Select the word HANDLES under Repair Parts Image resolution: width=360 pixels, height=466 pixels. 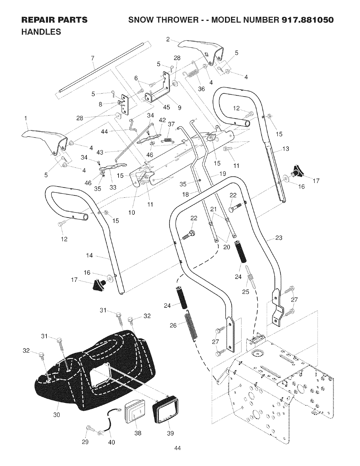point(41,32)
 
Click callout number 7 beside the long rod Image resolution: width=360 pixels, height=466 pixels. point(93,58)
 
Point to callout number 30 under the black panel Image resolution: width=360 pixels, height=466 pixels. point(56,415)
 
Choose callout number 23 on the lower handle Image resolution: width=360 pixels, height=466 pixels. point(279,238)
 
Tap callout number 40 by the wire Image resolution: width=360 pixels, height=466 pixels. point(111,442)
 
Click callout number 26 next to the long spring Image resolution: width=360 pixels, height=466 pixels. point(173,325)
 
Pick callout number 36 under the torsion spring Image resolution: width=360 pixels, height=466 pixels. point(201,89)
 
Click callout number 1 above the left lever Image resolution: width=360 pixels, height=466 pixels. point(26,118)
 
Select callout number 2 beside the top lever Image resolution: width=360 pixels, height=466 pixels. point(168,39)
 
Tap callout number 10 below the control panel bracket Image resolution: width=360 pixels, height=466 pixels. point(132,212)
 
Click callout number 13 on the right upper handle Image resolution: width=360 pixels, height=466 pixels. point(286,149)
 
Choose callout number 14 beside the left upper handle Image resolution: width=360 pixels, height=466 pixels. point(89,255)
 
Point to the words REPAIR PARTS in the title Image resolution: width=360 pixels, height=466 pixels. point(54,20)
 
